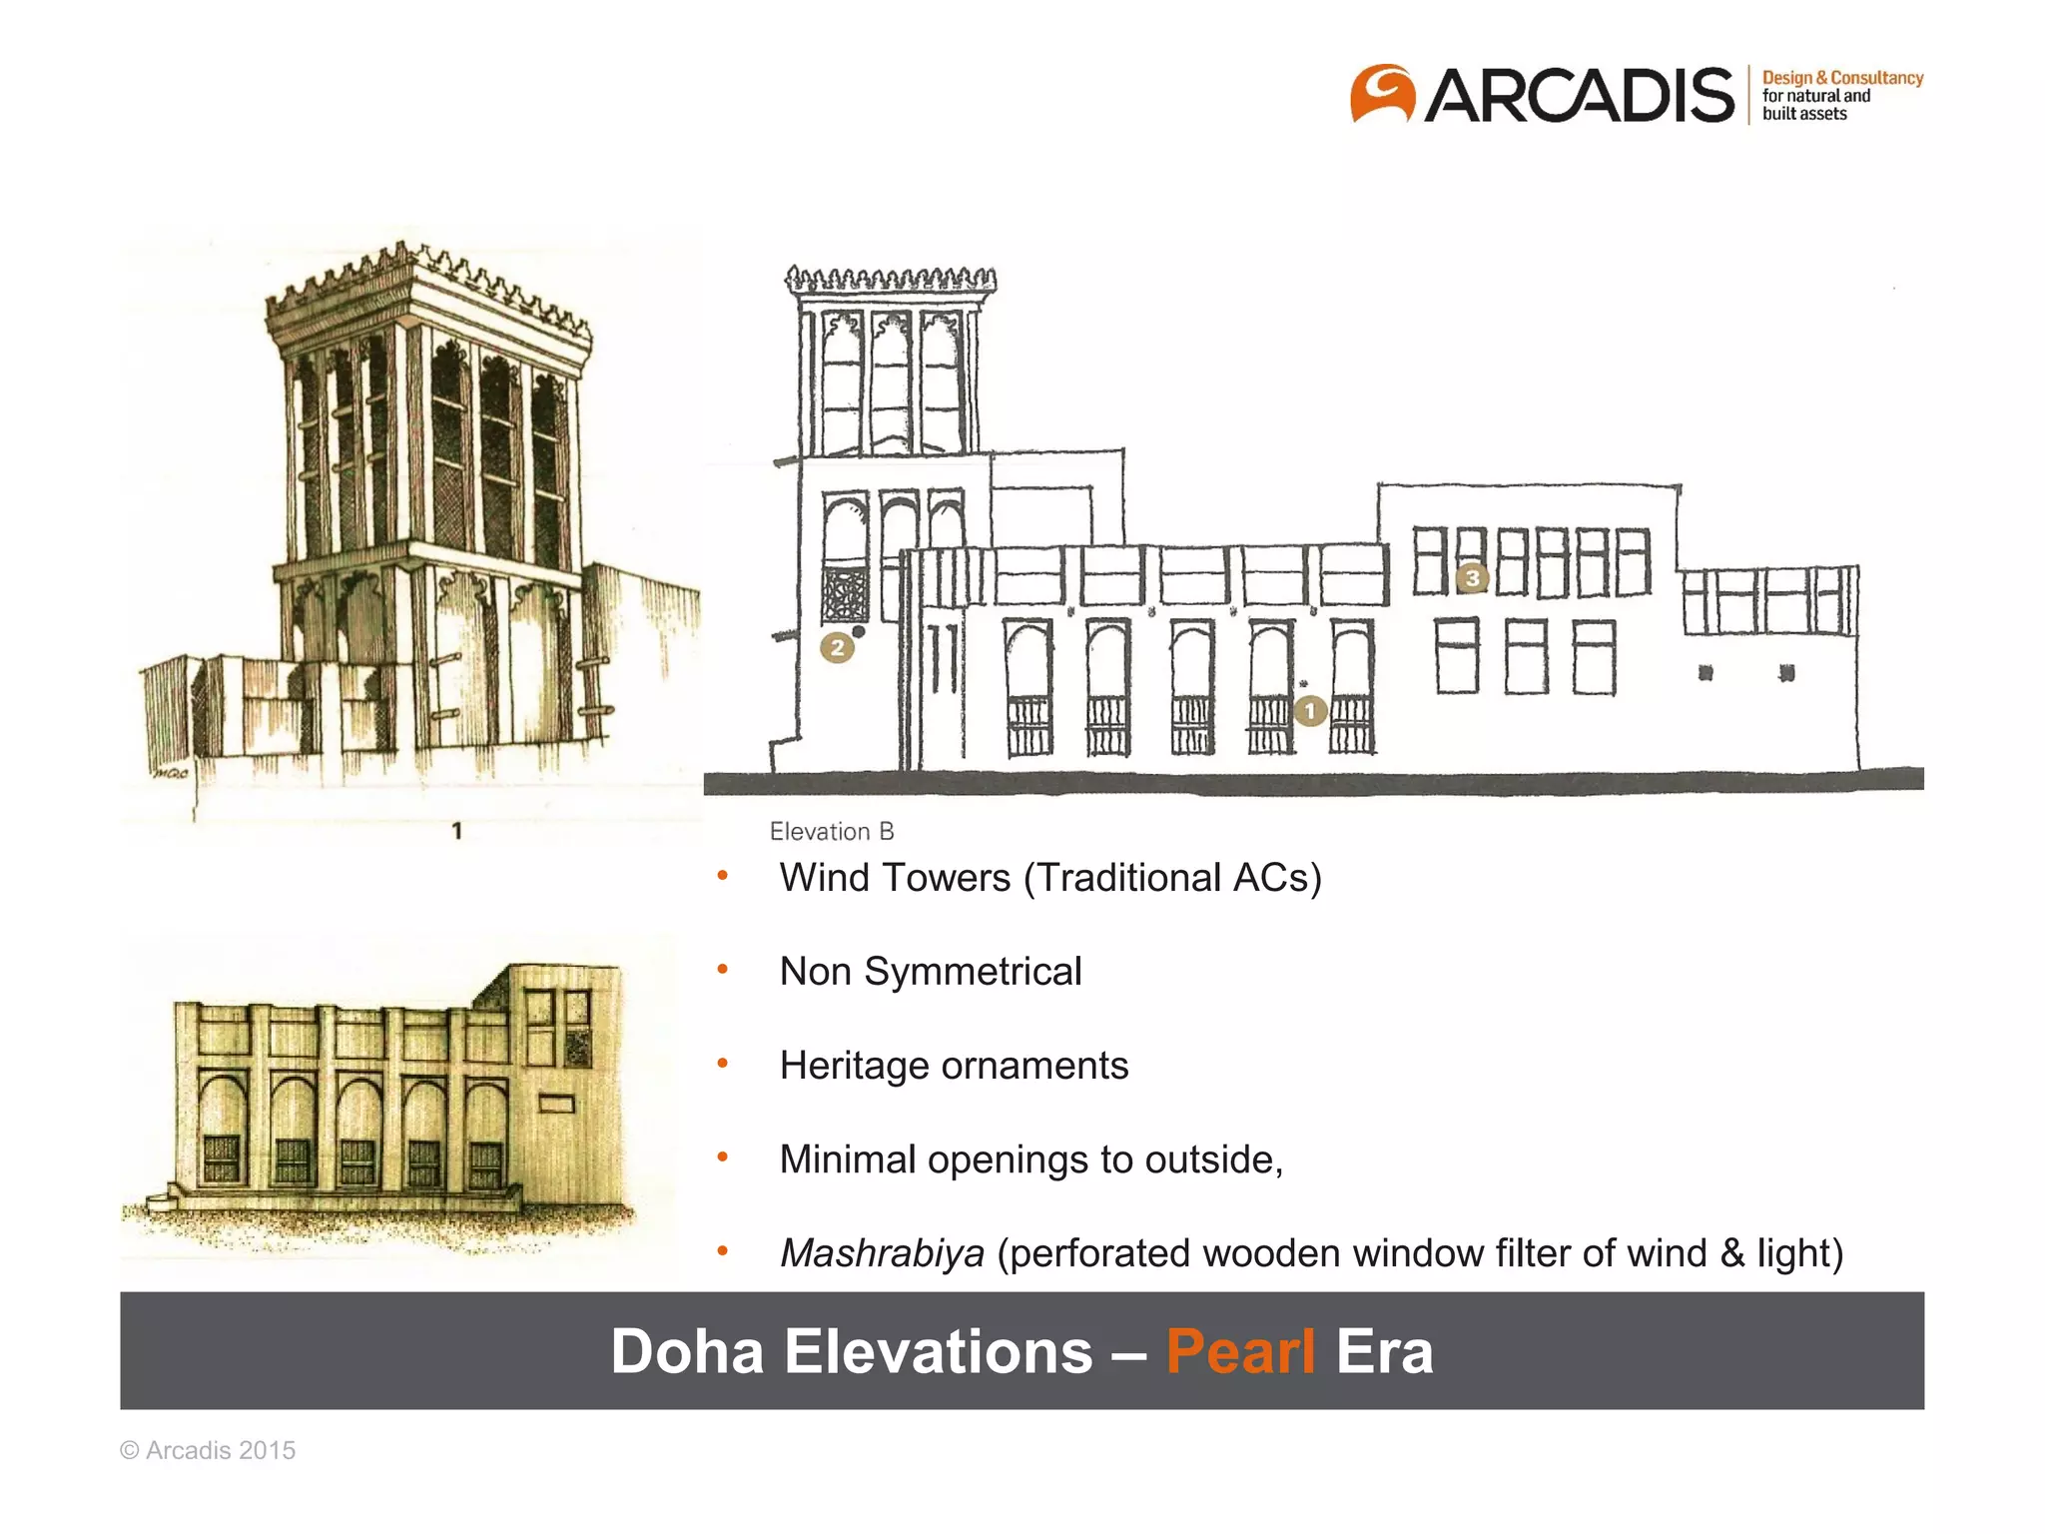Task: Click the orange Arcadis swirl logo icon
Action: [1383, 94]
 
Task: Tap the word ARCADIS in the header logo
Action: [1579, 96]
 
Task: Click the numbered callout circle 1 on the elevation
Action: [1310, 711]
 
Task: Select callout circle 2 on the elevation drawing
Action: [838, 648]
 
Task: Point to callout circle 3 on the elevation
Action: [1472, 577]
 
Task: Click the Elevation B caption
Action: [832, 831]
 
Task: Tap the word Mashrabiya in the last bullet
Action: [882, 1252]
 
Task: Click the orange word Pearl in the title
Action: [1240, 1351]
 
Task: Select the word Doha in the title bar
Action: [687, 1351]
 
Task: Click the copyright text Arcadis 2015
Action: [208, 1450]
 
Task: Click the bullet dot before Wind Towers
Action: [723, 877]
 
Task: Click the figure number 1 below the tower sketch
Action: [456, 831]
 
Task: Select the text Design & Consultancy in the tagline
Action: [1842, 78]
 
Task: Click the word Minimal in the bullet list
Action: [848, 1159]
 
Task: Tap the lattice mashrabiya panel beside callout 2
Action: [845, 595]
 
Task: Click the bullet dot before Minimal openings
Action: [723, 1158]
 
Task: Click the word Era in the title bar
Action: [1384, 1351]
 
